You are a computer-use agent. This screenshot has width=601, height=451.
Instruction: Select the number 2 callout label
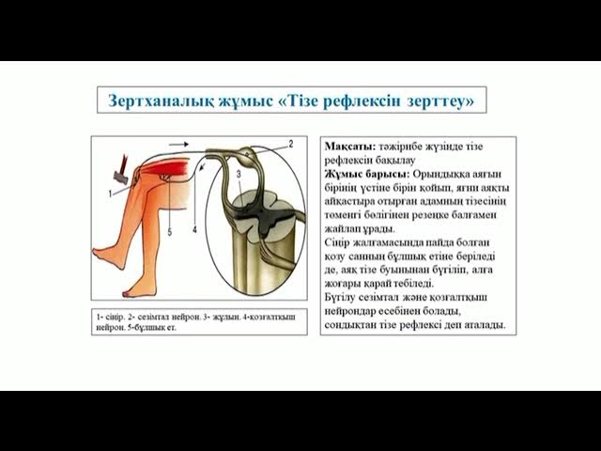click(291, 144)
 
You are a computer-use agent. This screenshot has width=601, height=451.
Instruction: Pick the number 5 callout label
click(169, 229)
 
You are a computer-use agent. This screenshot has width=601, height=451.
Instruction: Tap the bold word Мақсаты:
click(349, 148)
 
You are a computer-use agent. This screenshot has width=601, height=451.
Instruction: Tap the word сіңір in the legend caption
click(117, 319)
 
